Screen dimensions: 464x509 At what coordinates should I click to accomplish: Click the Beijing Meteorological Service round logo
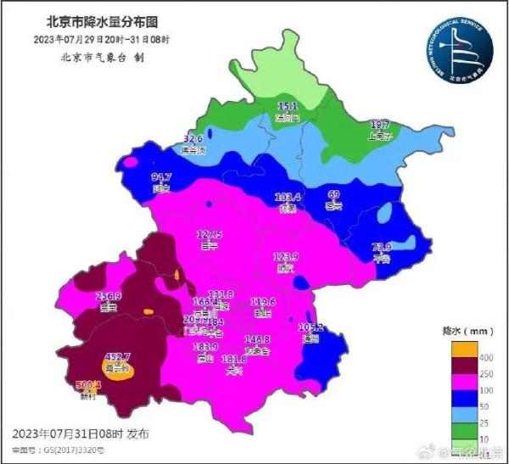click(x=456, y=50)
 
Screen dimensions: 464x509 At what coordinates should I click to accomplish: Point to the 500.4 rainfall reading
click(x=88, y=384)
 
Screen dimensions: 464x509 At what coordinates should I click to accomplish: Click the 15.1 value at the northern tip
click(x=288, y=106)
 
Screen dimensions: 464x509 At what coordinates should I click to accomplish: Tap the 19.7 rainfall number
click(x=379, y=124)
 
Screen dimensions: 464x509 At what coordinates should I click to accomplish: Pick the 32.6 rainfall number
click(x=193, y=138)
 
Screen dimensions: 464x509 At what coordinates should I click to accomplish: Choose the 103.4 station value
click(x=288, y=197)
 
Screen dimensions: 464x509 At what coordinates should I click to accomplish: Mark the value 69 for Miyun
click(x=334, y=194)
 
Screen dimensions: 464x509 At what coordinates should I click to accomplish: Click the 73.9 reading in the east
click(x=383, y=248)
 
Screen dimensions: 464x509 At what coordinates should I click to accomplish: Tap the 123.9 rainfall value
click(x=286, y=256)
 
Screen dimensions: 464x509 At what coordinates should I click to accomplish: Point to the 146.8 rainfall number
click(x=256, y=339)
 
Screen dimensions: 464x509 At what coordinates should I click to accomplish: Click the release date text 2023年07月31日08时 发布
click(x=81, y=433)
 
